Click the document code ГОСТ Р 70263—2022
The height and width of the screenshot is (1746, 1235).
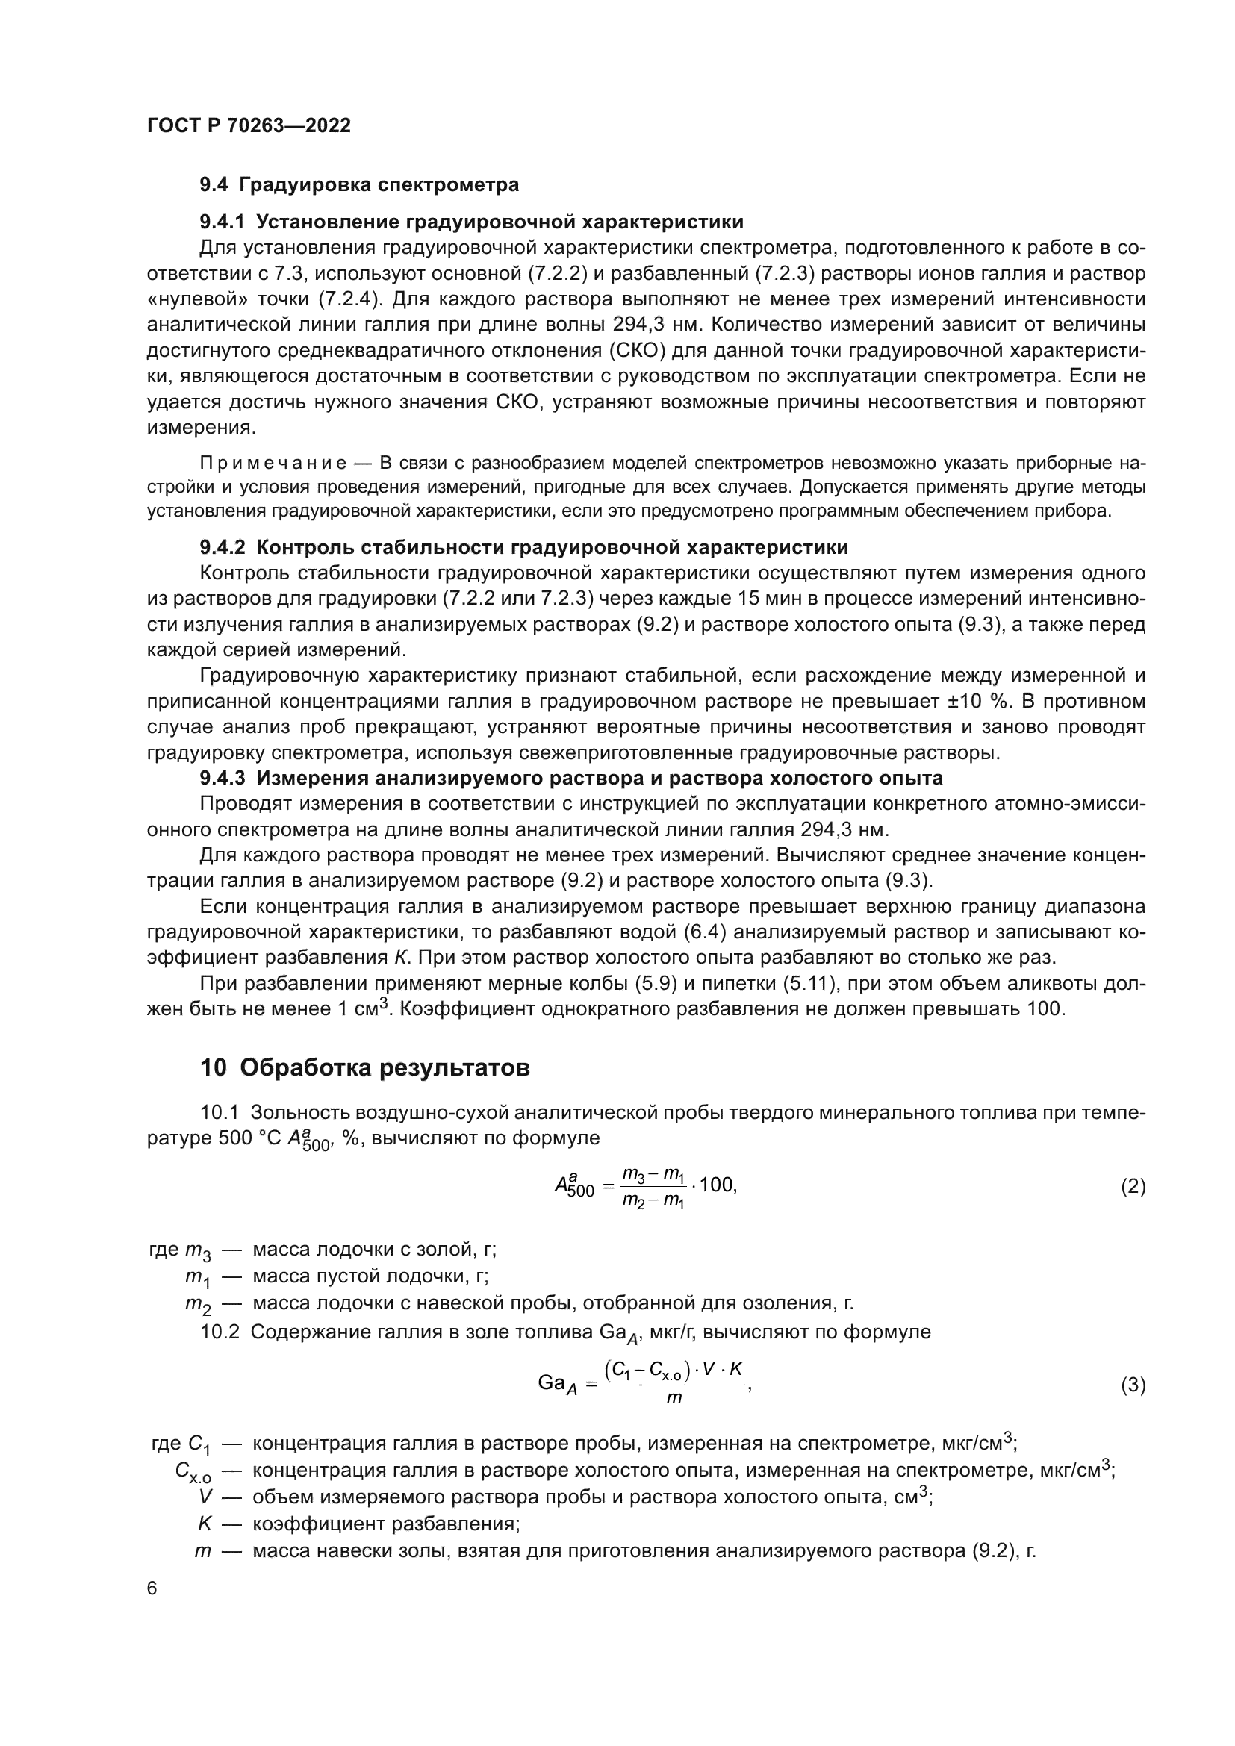(x=249, y=125)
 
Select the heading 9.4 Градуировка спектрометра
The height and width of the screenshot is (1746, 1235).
(x=359, y=185)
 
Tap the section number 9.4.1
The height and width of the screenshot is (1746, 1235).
(x=222, y=222)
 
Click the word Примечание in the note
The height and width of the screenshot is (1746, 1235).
(x=273, y=463)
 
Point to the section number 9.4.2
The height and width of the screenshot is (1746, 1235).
(x=222, y=547)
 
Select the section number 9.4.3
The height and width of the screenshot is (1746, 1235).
(x=222, y=778)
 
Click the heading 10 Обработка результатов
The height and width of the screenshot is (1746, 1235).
(x=364, y=1067)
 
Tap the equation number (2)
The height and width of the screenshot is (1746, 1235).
(x=1133, y=1186)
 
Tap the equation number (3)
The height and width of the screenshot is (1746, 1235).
(x=1133, y=1385)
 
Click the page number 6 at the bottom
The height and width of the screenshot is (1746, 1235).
(x=152, y=1588)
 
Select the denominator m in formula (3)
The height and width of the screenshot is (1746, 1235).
(x=674, y=1398)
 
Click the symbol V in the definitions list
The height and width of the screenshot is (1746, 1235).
(x=204, y=1497)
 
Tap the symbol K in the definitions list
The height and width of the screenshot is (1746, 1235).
(x=204, y=1524)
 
